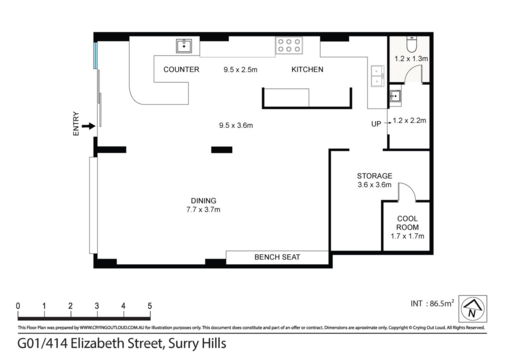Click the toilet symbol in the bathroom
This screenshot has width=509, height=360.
411,44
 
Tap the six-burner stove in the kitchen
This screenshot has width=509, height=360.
289,45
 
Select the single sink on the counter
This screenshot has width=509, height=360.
184,46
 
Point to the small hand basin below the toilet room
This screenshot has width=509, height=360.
395,96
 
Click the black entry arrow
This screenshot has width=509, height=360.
88,126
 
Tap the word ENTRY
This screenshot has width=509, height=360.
76,124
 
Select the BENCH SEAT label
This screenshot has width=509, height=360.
277,257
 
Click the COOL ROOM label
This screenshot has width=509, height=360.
408,223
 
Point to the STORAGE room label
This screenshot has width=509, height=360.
375,176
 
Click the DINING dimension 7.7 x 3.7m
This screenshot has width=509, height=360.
203,210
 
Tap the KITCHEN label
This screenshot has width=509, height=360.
307,70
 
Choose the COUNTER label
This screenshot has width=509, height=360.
181,70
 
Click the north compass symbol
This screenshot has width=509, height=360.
473,308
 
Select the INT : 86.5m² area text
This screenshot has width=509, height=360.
432,303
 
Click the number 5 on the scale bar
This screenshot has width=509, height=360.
150,306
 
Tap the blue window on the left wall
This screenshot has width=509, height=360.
95,56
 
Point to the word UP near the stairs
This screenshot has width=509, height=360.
376,124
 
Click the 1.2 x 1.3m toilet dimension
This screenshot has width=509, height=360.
411,59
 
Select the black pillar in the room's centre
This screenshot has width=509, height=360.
222,150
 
